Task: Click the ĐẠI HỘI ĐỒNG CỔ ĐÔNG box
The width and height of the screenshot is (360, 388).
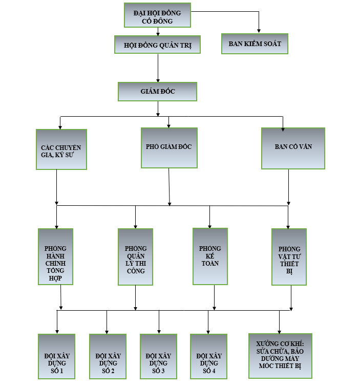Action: (157, 15)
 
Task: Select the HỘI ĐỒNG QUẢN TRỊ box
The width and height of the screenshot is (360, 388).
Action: (157, 45)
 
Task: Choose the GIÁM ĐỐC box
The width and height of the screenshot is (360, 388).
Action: (157, 91)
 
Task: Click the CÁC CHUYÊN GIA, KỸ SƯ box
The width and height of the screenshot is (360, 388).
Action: (61, 149)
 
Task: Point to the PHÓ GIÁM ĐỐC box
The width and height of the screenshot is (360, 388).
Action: (168, 147)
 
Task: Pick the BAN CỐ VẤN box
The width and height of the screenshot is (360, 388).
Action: (292, 148)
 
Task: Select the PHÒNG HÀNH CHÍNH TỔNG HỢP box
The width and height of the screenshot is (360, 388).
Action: (56, 256)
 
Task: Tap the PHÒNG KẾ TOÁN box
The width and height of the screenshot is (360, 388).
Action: (210, 256)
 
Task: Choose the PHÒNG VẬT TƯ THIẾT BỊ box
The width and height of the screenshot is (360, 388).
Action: (289, 256)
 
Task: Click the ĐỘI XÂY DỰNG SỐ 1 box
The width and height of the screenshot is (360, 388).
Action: (56, 356)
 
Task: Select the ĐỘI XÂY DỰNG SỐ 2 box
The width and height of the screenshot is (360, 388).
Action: (108, 356)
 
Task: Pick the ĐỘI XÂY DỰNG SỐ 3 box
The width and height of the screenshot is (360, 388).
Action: (158, 356)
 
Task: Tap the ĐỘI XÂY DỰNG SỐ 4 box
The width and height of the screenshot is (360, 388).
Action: (208, 356)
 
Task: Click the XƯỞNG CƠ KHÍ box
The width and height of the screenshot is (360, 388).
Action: (280, 356)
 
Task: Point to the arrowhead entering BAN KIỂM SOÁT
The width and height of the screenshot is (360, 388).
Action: (259, 31)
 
